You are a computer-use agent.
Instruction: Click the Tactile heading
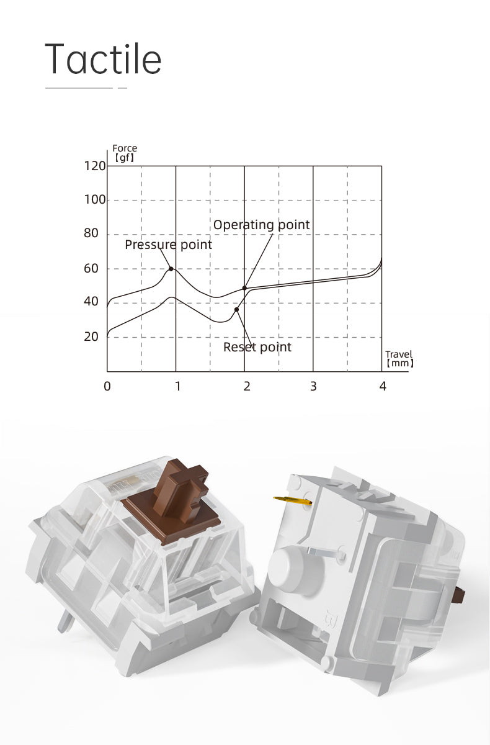coord(103,59)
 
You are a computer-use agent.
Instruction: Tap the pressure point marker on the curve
coord(171,269)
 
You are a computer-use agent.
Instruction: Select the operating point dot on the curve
coord(244,288)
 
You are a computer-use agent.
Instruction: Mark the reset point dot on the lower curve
coord(236,310)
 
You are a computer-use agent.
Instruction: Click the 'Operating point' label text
coord(262,225)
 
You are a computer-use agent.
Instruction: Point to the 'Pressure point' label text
coord(169,245)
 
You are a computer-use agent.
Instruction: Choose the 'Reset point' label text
coord(257,347)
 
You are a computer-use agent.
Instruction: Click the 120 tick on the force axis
coord(95,166)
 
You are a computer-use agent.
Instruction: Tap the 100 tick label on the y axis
coord(95,200)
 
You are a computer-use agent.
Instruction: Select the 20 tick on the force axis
coord(91,337)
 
